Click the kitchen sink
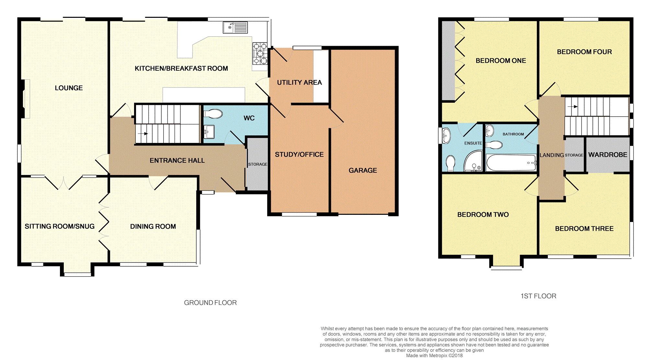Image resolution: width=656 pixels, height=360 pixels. click(x=235, y=28)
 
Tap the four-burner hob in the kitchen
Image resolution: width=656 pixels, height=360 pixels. click(x=260, y=53)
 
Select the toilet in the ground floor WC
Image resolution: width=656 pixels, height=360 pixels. click(x=213, y=114)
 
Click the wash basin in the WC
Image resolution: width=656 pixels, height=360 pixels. click(x=209, y=132)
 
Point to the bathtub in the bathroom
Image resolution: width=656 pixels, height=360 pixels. click(x=511, y=162)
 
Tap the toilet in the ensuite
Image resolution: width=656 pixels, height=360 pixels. click(x=451, y=163)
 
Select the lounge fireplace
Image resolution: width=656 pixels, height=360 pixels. click(x=26, y=99)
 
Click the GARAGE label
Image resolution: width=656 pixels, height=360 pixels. click(x=363, y=170)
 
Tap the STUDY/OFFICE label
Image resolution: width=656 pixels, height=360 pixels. click(x=299, y=155)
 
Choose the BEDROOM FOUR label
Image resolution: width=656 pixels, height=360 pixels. click(x=584, y=52)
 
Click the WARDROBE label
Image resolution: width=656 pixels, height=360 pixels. click(x=608, y=155)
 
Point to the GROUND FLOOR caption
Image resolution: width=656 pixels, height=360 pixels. click(x=210, y=303)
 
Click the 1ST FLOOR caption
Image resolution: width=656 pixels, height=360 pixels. click(x=538, y=296)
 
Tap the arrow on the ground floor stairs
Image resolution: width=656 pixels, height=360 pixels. click(x=143, y=134)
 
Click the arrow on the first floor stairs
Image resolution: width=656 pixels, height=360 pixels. click(x=572, y=106)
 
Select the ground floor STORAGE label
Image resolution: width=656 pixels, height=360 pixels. click(x=258, y=164)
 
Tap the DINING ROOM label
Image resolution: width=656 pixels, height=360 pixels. click(x=153, y=226)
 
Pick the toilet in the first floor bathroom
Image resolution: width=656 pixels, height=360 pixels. click(x=494, y=145)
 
